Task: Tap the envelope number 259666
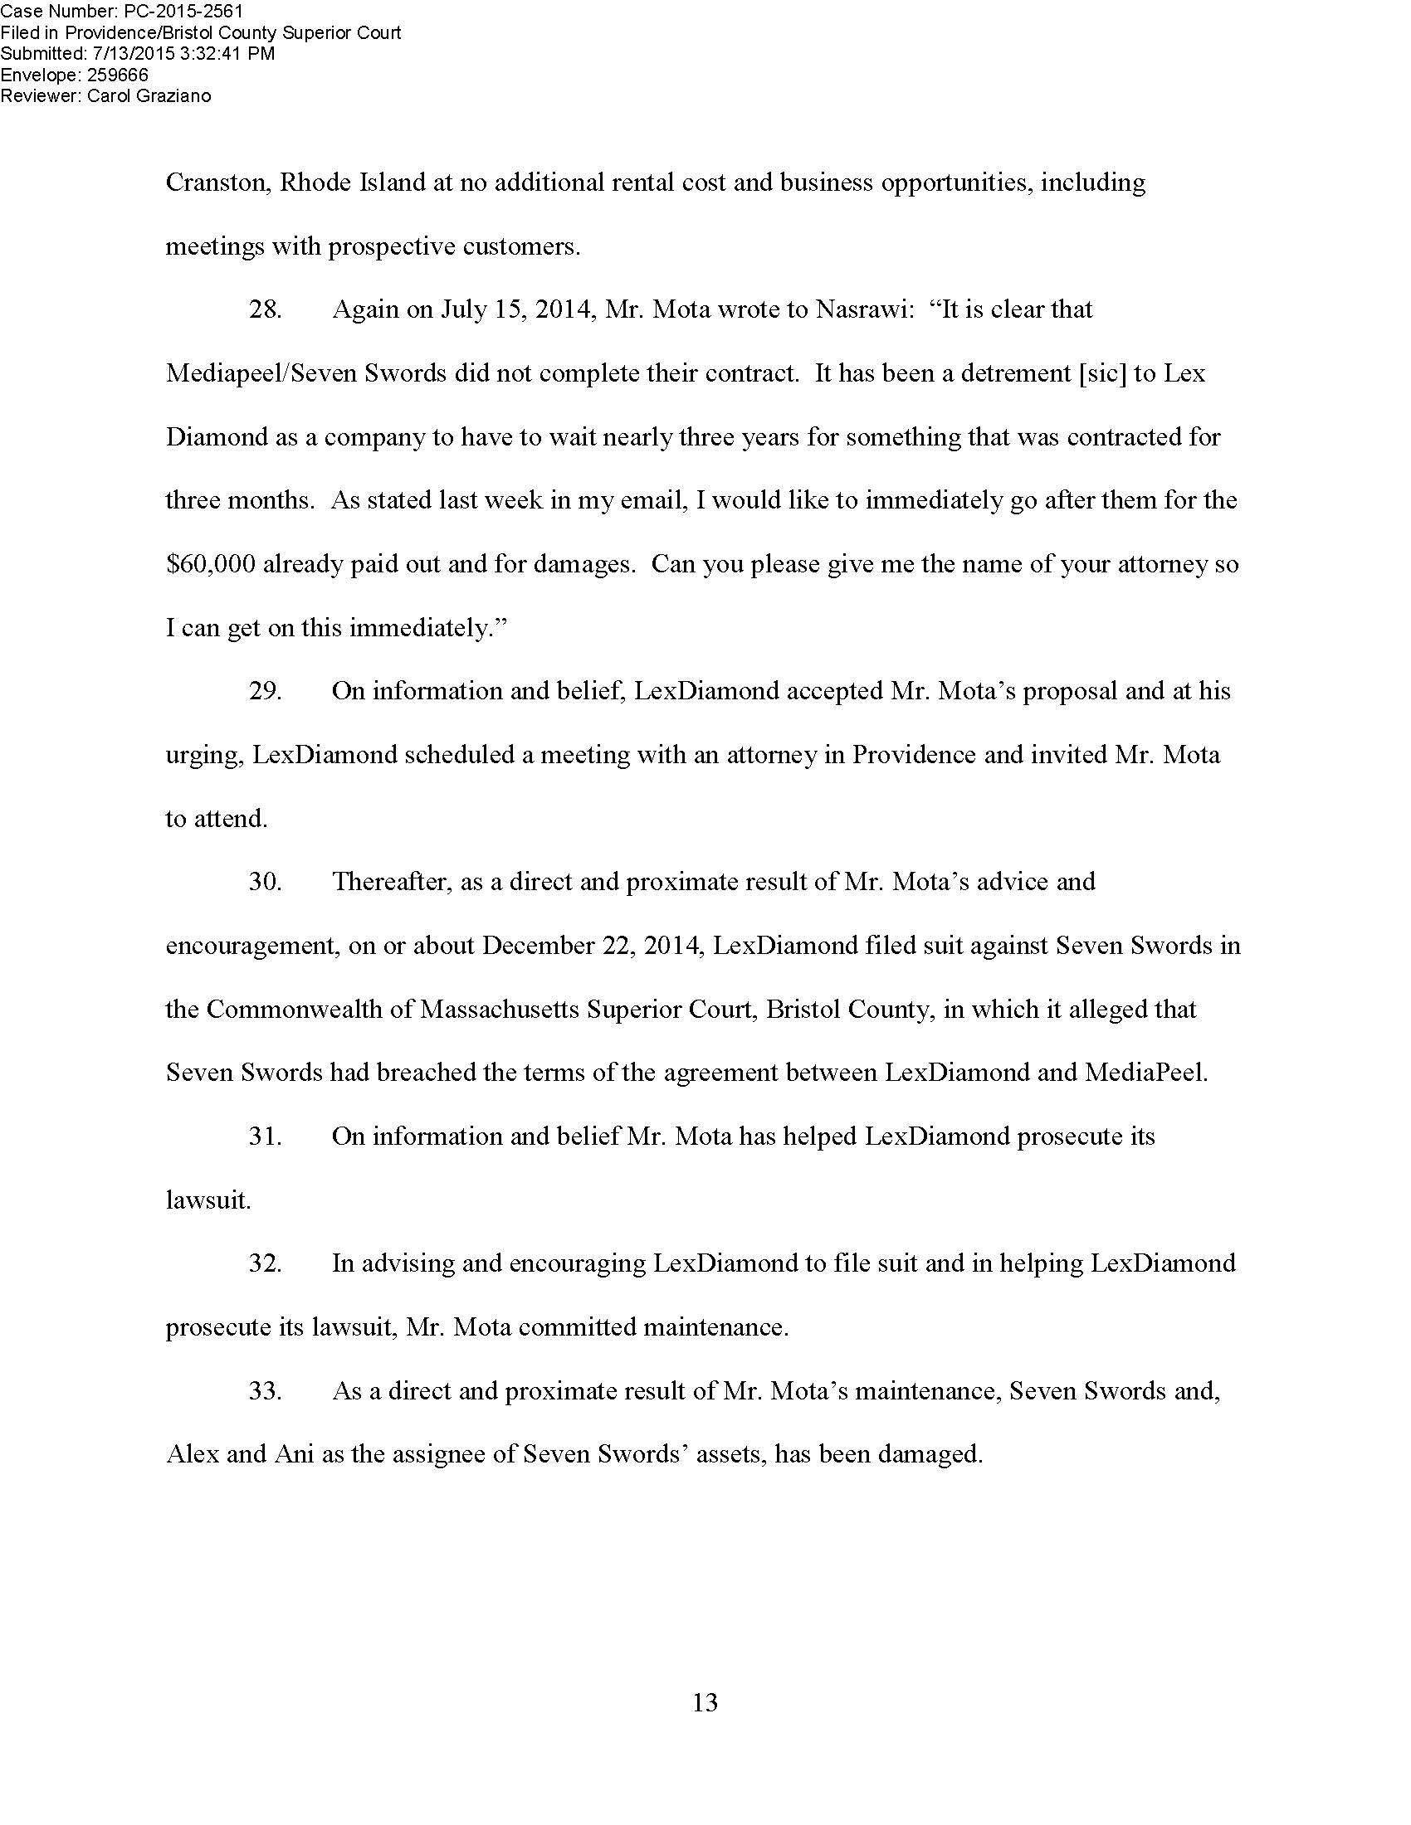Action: tap(118, 75)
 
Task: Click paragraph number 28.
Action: tap(265, 310)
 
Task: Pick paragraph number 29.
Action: tap(265, 692)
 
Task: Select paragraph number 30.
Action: tap(265, 883)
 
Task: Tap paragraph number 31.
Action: tap(265, 1137)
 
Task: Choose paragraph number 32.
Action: tap(265, 1264)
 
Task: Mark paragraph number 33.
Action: tap(265, 1391)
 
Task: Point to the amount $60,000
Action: tap(211, 565)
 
